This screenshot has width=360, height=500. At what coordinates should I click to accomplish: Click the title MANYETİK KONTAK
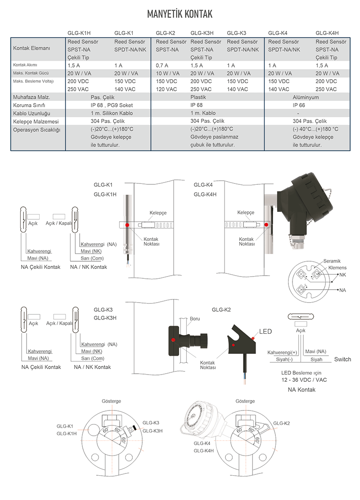coord(180,14)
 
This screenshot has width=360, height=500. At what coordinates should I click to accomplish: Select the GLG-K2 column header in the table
coord(165,33)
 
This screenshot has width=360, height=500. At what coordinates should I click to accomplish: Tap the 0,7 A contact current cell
coord(162,65)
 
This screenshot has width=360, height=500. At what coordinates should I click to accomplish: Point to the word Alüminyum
coord(306,97)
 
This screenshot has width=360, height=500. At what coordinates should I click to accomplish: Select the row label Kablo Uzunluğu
coord(31,113)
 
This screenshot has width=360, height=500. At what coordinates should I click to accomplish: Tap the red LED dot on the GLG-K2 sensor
coord(253,337)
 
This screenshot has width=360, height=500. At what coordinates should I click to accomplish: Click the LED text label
coord(265,332)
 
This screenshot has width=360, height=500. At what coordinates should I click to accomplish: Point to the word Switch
coord(342,359)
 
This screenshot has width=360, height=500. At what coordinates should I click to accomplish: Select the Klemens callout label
coord(337,268)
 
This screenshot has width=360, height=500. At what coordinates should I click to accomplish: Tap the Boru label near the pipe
coord(194,319)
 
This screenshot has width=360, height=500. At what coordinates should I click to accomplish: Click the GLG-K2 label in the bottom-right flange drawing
coord(282,423)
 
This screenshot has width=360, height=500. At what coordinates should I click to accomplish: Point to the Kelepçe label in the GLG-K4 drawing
coord(246,213)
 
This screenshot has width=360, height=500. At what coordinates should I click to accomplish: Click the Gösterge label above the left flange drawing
coord(111,401)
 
